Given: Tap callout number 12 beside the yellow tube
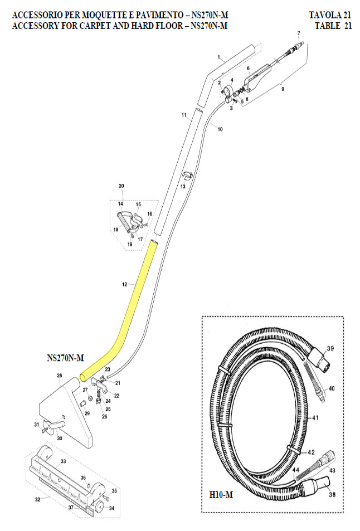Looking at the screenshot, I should click(x=124, y=284).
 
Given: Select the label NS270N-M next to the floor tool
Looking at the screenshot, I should click(x=65, y=358).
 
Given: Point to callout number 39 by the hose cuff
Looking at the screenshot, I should click(x=330, y=349).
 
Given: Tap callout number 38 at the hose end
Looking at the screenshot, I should click(x=333, y=494).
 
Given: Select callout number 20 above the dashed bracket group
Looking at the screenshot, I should click(x=121, y=186).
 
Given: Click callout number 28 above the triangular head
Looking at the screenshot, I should click(x=59, y=376).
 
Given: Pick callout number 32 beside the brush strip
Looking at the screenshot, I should click(x=38, y=499).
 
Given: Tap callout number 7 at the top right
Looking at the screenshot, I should click(x=299, y=33).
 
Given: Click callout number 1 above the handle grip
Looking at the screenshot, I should click(x=220, y=57).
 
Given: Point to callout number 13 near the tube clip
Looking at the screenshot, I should click(x=182, y=187).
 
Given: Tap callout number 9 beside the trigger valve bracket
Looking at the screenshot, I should click(x=283, y=89).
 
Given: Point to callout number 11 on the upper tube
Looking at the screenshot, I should click(x=183, y=115).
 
